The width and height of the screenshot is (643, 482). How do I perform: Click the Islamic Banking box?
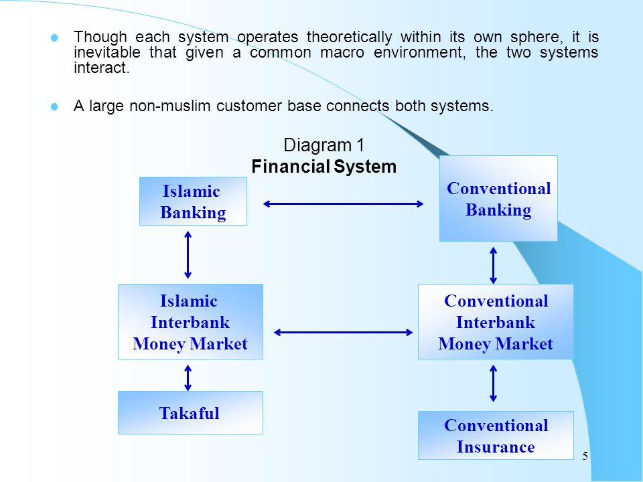[x=193, y=202]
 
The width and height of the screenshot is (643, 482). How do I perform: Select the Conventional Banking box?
[x=498, y=198]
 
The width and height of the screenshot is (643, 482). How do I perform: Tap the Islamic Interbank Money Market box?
[x=190, y=322]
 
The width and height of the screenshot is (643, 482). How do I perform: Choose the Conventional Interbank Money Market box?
[x=496, y=322]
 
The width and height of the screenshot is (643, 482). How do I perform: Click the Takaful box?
[x=190, y=413]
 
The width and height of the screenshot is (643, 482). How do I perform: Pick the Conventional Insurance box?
[x=496, y=435]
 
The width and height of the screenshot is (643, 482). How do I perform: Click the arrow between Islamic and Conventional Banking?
[x=343, y=204]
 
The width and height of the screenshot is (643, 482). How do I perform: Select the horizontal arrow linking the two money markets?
[x=343, y=333]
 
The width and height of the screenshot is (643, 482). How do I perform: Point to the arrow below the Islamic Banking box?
[x=188, y=254]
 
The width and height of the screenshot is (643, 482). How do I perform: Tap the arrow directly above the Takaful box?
[x=188, y=378]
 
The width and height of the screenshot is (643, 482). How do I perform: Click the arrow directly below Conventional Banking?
[x=494, y=265]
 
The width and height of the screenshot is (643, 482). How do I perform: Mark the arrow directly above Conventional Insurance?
[x=494, y=383]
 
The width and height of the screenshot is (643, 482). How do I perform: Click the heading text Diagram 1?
[x=324, y=145]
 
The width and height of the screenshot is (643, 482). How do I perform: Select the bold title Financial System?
[x=324, y=167]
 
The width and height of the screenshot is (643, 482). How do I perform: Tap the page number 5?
[x=585, y=456]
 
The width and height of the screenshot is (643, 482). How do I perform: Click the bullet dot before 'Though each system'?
[x=54, y=38]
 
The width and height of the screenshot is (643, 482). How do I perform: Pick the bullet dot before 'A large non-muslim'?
[x=54, y=107]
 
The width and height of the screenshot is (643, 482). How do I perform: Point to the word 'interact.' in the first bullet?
[x=102, y=68]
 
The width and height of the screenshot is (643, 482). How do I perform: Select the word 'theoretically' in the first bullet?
[x=350, y=37]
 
